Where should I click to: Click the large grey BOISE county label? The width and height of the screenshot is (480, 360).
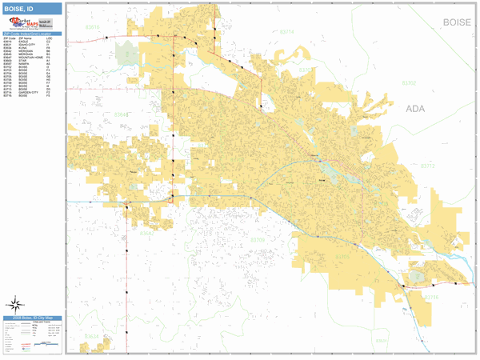(456, 22)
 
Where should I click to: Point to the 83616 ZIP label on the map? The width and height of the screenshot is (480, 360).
(94, 27)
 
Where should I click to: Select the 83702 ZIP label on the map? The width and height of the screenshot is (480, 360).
(409, 82)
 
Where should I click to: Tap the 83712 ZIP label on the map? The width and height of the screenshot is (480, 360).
(427, 166)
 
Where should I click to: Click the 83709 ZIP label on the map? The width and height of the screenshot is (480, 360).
(257, 239)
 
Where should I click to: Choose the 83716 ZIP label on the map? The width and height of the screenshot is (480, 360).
(431, 297)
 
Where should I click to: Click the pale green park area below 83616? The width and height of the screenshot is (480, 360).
(126, 54)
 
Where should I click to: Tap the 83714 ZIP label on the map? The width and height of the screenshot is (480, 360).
(286, 32)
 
